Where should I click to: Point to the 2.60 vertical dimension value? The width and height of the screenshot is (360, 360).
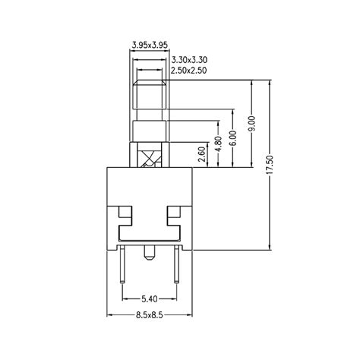[201, 155]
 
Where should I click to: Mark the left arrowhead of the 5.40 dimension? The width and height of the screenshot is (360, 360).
[126, 305]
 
